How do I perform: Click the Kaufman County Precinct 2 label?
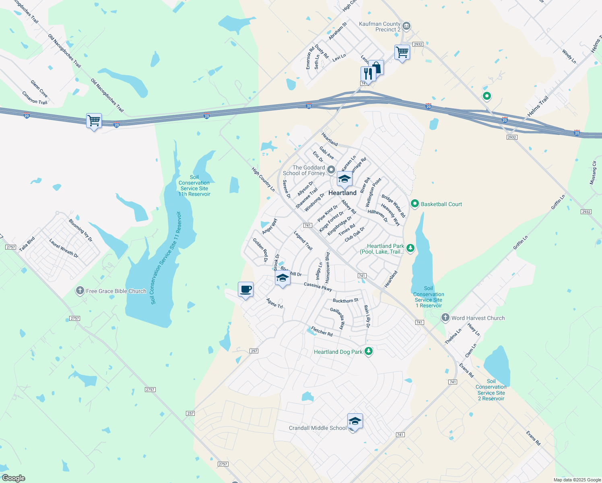point(379,27)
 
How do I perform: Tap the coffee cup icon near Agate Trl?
point(245,289)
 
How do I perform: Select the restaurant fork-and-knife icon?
point(368,74)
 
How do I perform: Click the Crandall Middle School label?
point(317,428)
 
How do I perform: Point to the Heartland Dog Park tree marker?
point(368,351)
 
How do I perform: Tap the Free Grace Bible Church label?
point(116,291)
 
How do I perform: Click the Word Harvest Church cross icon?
point(445,318)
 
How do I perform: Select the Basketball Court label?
point(441,204)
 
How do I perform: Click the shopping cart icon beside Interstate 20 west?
point(94,120)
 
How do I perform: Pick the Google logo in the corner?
point(13,478)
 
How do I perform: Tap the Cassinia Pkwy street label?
point(318,286)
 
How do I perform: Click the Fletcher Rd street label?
point(322,331)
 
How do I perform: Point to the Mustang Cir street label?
point(593,173)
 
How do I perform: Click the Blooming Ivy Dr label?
point(80,230)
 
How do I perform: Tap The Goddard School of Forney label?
point(304,170)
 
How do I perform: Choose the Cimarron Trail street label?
point(35,98)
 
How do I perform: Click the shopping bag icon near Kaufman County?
point(377,68)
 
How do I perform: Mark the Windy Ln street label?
point(569,56)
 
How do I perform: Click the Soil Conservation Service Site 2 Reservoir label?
point(491,390)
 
